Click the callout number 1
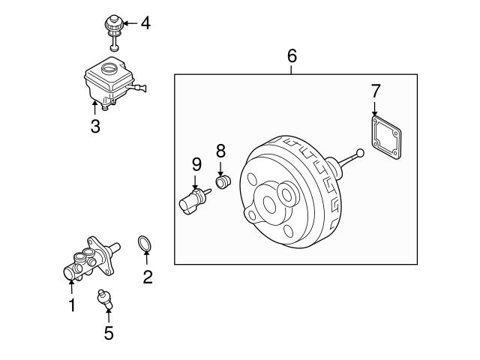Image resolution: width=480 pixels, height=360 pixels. coord(72,305)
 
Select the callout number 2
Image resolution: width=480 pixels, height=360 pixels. coord(148,277)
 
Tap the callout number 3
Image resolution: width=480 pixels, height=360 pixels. coord(95,127)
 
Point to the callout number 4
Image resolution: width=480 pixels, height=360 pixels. coord(145,23)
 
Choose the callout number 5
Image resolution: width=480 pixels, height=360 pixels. coord(109,334)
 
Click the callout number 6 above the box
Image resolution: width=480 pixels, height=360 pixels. coord(292,55)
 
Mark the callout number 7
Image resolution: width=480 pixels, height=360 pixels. coord(376,91)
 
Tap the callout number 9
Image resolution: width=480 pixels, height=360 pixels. coord(196,163)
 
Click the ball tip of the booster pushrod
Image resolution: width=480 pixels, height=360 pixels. coord(361,154)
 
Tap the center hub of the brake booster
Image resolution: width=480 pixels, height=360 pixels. coord(268,203)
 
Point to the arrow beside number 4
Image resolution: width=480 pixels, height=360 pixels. coord(129,23)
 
